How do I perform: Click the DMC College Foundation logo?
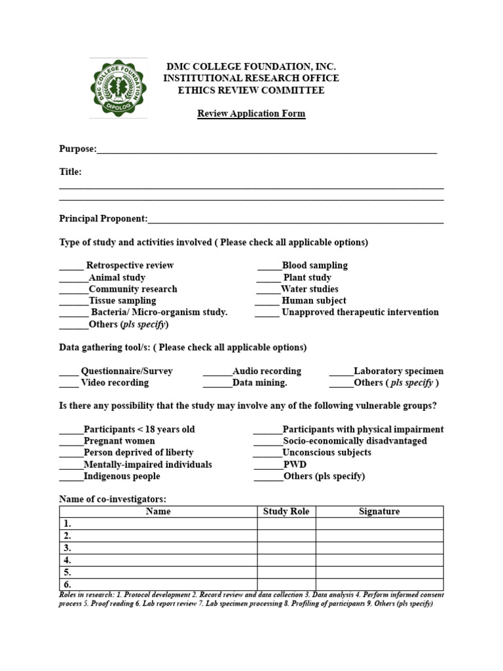coord(118,88)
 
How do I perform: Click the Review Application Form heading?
coord(251,113)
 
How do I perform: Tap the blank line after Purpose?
coord(267,150)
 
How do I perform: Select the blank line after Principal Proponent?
coord(295,220)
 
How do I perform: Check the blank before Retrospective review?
coord(71,267)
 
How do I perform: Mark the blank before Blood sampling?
coord(269,267)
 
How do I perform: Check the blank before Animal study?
coord(73,278)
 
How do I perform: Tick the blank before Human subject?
coord(267,302)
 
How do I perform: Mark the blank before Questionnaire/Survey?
coord(69,372)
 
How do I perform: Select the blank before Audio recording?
coord(217,372)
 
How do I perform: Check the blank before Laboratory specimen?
coord(341,372)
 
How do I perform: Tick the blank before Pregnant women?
coord(71,442)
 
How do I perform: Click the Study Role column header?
coord(286,511)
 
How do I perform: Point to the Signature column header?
coord(379,511)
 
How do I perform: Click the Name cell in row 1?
coord(158,524)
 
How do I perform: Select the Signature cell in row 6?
coord(379,584)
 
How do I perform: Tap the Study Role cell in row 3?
coord(286,548)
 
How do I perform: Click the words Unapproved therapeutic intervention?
coord(360,312)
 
